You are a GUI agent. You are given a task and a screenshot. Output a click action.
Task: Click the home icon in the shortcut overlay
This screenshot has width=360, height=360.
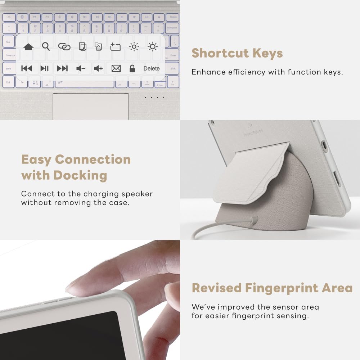point(28,47)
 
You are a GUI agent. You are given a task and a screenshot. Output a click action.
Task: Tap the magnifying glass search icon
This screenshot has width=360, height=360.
point(46,46)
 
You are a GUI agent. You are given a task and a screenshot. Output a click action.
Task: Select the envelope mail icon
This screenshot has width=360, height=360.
point(116,68)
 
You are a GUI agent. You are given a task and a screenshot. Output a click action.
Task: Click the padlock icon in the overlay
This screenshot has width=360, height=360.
point(132,68)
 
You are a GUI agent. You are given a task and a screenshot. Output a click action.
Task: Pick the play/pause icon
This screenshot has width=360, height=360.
point(45,68)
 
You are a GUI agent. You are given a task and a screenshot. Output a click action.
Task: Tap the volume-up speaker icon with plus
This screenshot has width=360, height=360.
point(98,68)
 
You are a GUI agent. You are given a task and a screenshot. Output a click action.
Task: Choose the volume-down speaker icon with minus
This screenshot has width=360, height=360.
point(81,68)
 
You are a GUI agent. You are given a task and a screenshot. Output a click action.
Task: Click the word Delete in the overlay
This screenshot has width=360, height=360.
point(152,68)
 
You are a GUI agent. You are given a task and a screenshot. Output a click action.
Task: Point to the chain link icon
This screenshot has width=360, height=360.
point(64,47)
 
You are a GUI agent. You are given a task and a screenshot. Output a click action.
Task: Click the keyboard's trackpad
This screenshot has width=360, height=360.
point(91,106)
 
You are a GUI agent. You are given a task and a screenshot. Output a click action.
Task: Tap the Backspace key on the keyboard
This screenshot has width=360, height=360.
point(172,28)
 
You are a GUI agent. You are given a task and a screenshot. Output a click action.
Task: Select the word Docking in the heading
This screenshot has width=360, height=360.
point(80,175)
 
